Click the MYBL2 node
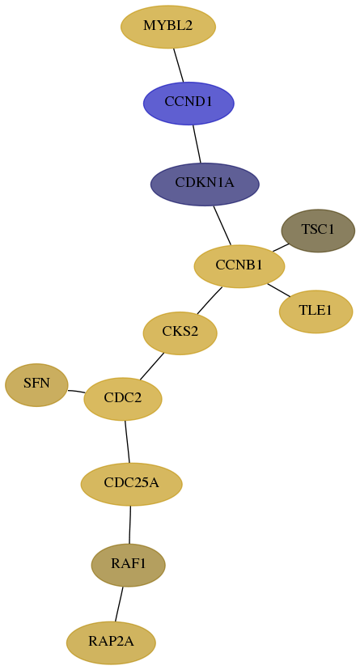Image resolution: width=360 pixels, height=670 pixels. tap(168, 27)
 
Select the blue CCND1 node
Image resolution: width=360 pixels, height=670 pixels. tap(188, 103)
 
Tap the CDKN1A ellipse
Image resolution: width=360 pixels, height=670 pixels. tap(205, 184)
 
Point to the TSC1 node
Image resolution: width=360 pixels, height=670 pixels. tap(318, 231)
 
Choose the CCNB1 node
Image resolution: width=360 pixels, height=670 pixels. tap(239, 266)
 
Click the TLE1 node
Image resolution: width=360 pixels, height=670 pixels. tap(316, 312)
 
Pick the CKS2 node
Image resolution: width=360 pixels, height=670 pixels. tap(180, 333)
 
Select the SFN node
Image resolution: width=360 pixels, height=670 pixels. tap(36, 384)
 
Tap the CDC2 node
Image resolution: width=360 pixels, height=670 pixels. tap(123, 399)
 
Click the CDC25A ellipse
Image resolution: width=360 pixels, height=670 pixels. tap(132, 484)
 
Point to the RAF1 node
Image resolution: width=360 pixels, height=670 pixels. tap(128, 565)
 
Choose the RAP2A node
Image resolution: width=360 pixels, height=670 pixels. tap(111, 642)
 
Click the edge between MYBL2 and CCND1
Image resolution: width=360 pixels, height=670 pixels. tap(179, 65)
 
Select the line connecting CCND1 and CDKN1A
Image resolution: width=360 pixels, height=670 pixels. tap(197, 143)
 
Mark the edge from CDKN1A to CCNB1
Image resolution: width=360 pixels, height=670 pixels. tap(222, 226)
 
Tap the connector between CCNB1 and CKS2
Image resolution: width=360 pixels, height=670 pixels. tap(210, 300)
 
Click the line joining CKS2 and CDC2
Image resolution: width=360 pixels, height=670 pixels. tap(151, 367)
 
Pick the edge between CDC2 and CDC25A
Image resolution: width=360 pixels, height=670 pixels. tap(127, 441)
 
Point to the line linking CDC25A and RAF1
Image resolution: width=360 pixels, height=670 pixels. tap(129, 524)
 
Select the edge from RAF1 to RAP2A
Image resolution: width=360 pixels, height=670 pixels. tap(119, 604)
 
